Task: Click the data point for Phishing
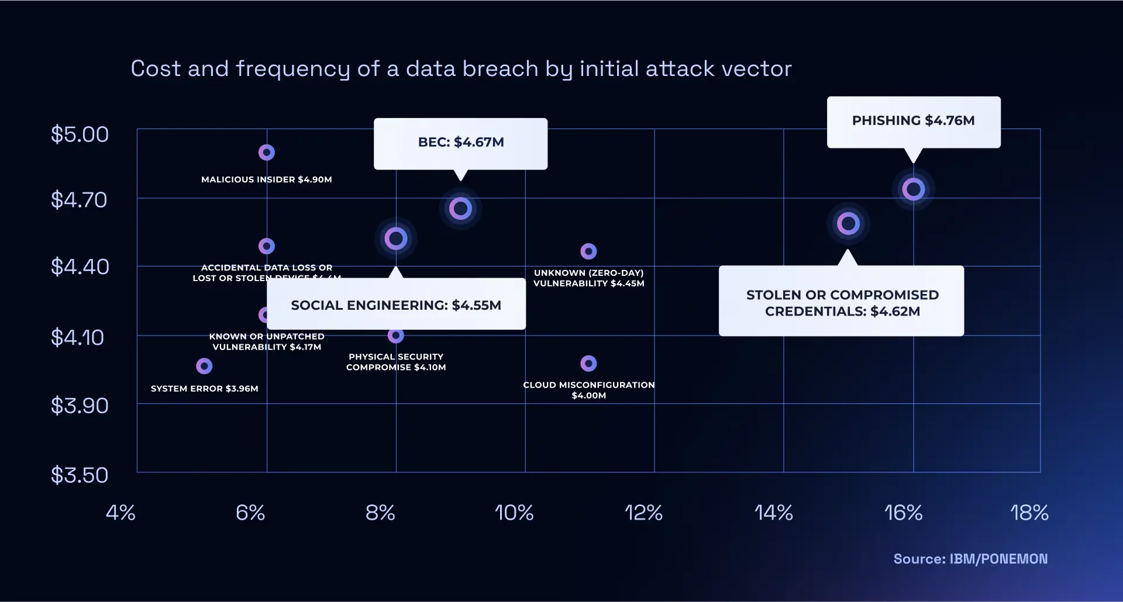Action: [913, 189]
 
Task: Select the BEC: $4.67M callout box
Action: [460, 143]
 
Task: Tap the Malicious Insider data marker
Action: [267, 153]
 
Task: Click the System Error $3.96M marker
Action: [204, 366]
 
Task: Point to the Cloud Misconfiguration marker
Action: [588, 364]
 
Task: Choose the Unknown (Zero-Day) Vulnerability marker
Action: [588, 251]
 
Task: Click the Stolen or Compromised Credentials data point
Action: [848, 223]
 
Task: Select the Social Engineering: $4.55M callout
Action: [396, 305]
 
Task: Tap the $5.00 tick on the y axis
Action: [80, 134]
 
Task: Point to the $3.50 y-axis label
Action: [80, 475]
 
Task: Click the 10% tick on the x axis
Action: [514, 513]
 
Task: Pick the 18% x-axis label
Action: [1029, 513]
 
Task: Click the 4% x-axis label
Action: [120, 513]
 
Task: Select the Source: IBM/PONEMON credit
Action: [970, 559]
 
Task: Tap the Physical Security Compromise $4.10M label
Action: [396, 362]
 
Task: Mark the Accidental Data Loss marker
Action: [267, 246]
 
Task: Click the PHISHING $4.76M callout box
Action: [913, 122]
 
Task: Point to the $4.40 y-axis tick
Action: [80, 267]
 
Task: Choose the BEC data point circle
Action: [460, 208]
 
